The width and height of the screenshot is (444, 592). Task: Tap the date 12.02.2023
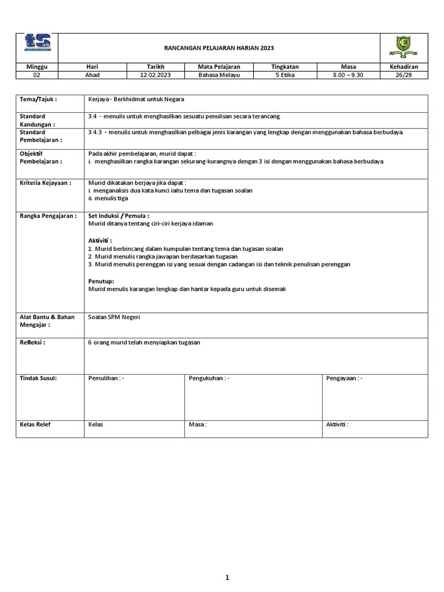coord(156,75)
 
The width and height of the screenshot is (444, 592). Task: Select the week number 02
coord(38,75)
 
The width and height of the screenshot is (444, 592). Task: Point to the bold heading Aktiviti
coord(100,240)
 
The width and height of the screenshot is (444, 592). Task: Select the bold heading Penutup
coord(101,280)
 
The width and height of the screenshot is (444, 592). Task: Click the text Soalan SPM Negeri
coord(114,317)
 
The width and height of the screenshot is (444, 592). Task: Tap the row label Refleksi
coord(32,342)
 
